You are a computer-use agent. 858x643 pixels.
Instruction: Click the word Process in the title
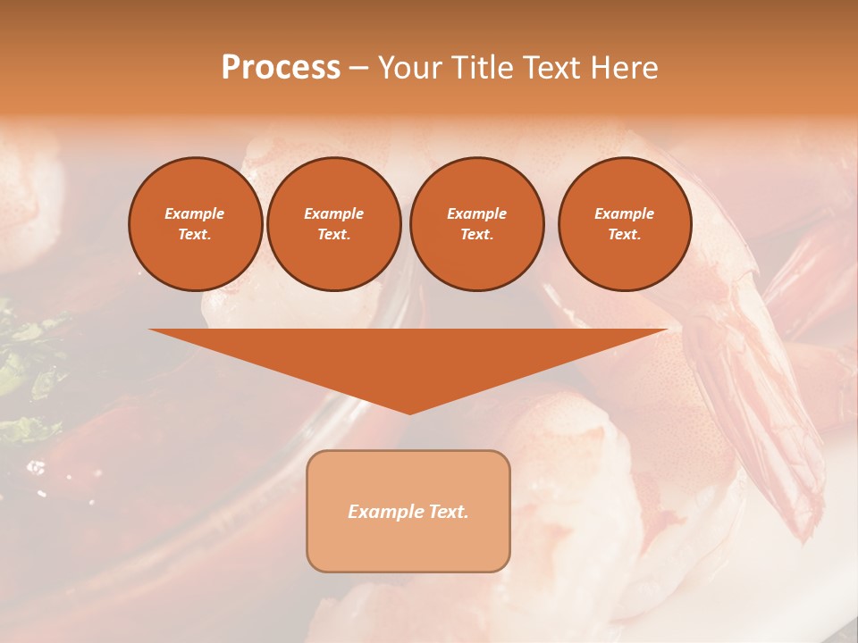(281, 68)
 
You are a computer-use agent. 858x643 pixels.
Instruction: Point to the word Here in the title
(625, 68)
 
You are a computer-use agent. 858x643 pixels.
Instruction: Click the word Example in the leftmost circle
(195, 213)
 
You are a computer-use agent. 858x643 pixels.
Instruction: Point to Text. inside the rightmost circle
(624, 234)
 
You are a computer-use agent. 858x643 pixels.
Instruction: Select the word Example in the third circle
(476, 213)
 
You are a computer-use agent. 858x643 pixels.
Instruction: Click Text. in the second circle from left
(333, 234)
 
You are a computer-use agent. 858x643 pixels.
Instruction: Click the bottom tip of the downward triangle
(409, 413)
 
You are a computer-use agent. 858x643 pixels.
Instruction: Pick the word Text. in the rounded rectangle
(446, 512)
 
